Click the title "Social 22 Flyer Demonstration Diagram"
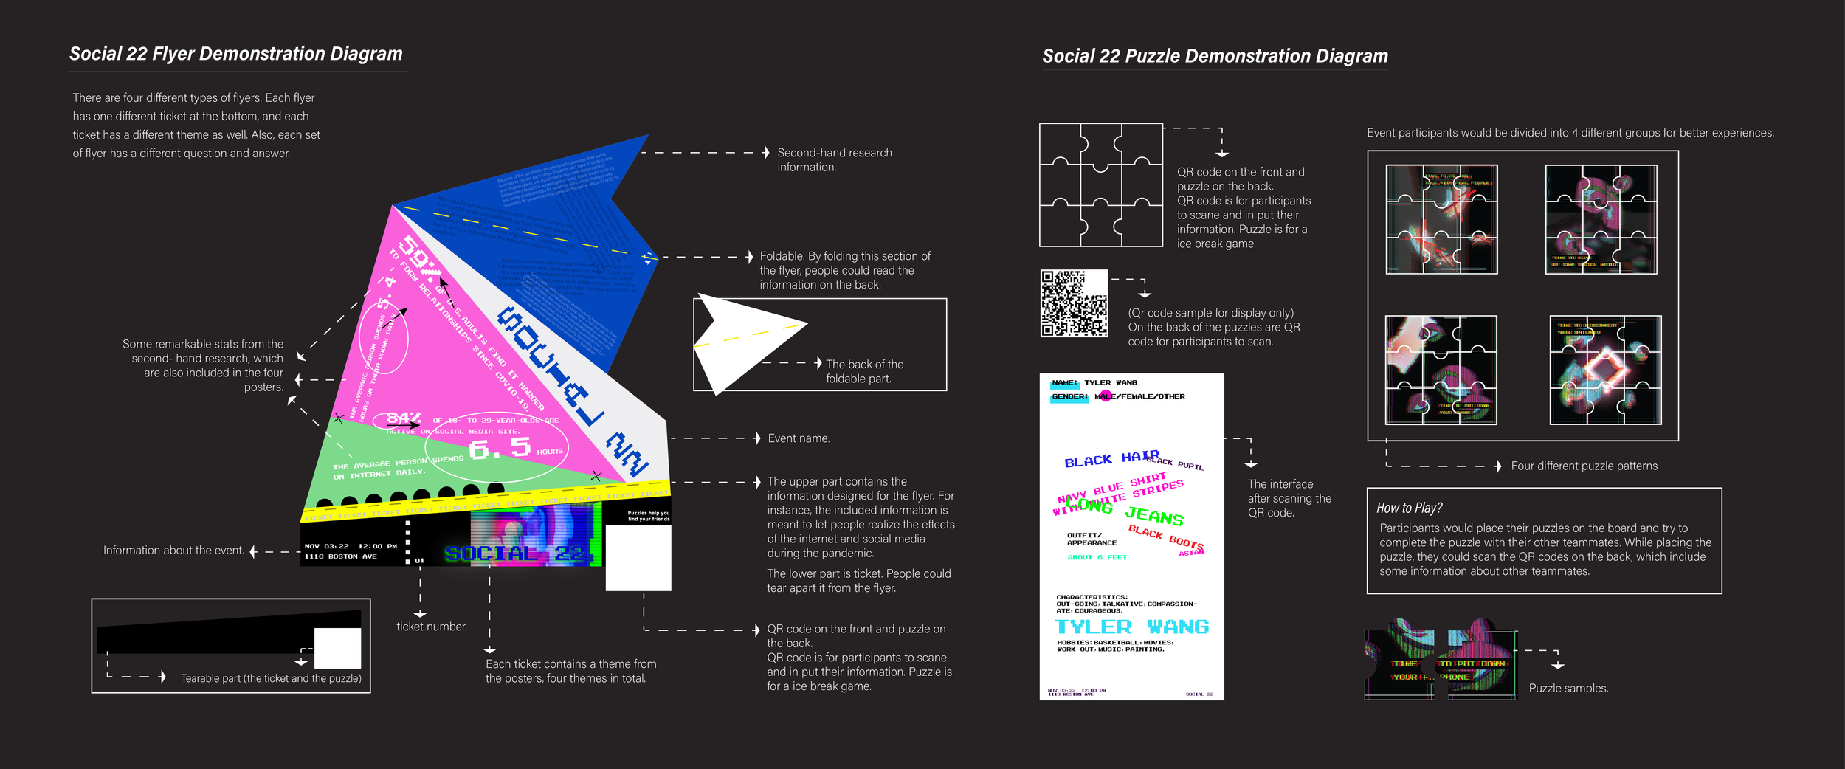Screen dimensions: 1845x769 coord(236,54)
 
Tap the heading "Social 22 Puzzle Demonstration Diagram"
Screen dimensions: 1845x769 coord(1215,56)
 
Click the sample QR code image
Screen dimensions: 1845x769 coord(1074,303)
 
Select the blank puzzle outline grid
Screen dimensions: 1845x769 coord(1100,185)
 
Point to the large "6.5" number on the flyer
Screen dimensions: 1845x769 coord(500,447)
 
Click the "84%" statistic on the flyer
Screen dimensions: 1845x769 coord(404,418)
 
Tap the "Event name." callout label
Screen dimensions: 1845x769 coord(799,438)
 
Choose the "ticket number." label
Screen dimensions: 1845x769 coord(432,627)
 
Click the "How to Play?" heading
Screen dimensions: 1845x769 coord(1409,508)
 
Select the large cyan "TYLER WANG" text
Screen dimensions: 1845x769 coord(1131,627)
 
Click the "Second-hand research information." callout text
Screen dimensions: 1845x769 coord(834,159)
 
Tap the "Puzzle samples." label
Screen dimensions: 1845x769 coord(1568,688)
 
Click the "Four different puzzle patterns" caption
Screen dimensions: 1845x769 coord(1584,466)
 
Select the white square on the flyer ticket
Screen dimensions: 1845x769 coord(638,557)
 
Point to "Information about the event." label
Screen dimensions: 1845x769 coord(173,551)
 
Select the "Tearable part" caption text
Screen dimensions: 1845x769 coord(271,678)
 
